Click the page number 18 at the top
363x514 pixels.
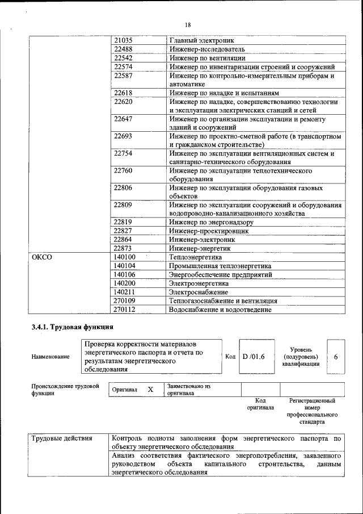click(x=188, y=24)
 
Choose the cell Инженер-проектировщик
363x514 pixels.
click(x=209, y=231)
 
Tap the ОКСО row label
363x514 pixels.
click(x=42, y=257)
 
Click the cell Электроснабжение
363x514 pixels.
click(x=197, y=292)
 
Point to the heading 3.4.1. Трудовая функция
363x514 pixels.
click(x=73, y=327)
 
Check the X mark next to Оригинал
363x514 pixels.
click(x=150, y=390)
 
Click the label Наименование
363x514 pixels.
click(x=51, y=357)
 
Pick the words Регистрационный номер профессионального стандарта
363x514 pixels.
click(x=312, y=411)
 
